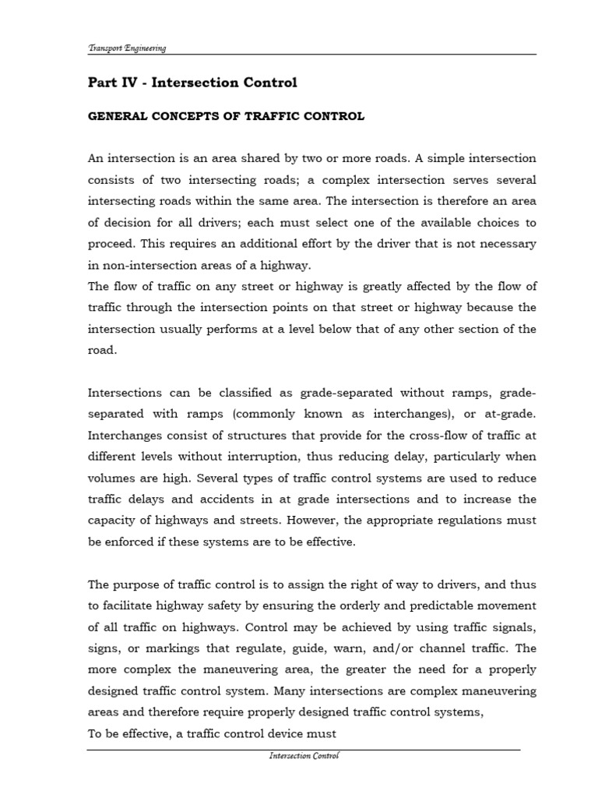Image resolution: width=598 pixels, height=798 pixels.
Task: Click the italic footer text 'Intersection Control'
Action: tap(304, 756)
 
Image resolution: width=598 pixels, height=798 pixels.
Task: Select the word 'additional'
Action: tap(272, 244)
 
